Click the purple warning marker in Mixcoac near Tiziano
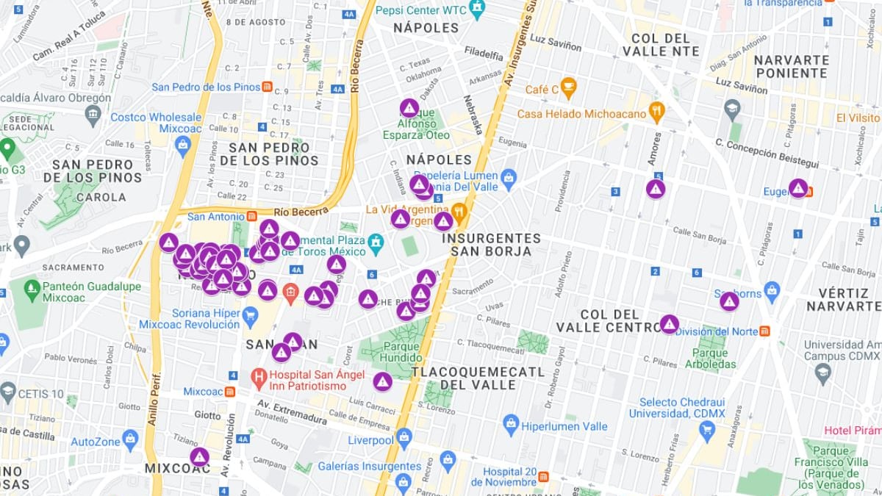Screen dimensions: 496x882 click(x=199, y=457)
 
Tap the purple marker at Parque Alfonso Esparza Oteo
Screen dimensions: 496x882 click(x=409, y=108)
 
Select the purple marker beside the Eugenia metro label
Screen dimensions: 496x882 click(x=798, y=189)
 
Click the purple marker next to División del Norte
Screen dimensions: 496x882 click(x=669, y=324)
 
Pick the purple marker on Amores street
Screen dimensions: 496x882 click(x=656, y=189)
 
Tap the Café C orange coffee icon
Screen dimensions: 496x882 click(x=568, y=89)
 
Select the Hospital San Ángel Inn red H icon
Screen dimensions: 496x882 click(x=258, y=378)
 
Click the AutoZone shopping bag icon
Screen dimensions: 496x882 click(x=131, y=439)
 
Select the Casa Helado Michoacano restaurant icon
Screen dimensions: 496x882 click(x=656, y=112)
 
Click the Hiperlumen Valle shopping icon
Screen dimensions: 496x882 click(x=511, y=424)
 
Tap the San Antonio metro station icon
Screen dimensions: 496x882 click(x=252, y=217)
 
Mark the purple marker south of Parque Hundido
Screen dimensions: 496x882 click(x=382, y=381)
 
